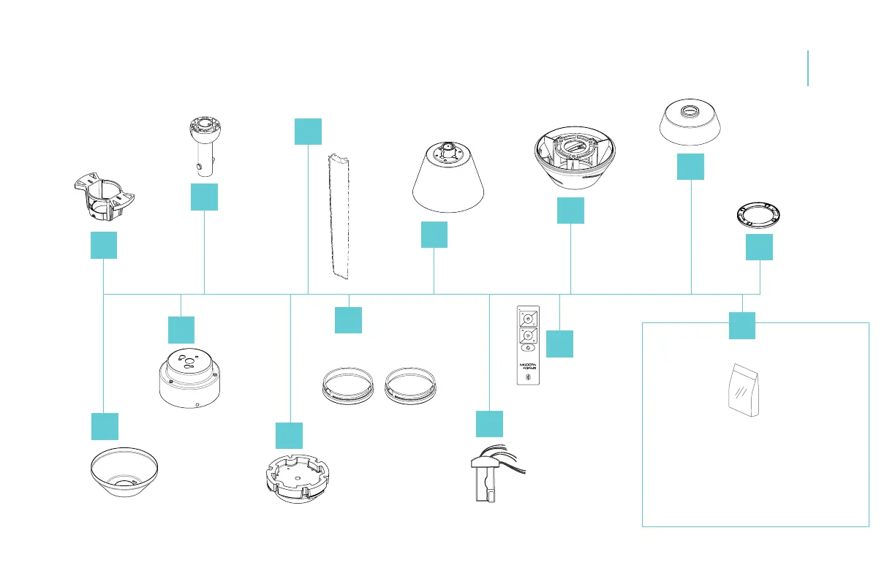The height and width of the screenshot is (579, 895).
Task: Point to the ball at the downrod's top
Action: tap(201, 126)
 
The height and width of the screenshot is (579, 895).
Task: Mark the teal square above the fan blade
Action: tap(308, 130)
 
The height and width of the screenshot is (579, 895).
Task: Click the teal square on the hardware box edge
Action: tap(742, 325)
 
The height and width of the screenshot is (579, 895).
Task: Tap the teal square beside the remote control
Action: tap(560, 344)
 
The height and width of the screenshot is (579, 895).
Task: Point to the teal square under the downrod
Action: tap(204, 197)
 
